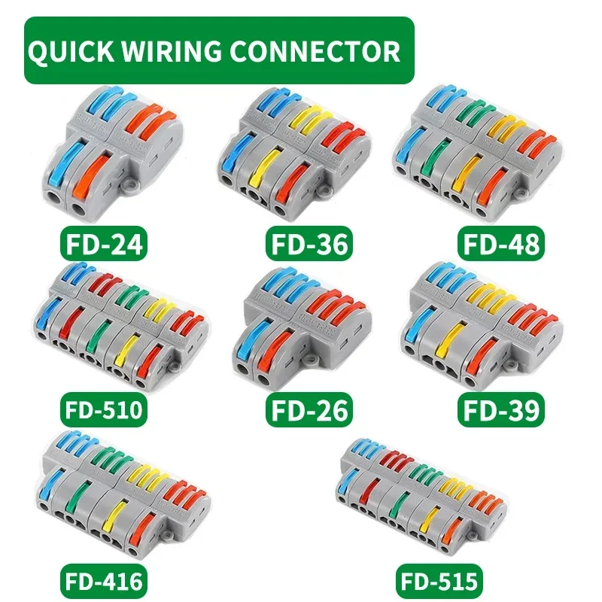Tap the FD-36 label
tap(309, 245)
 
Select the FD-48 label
tap(500, 245)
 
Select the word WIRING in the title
tap(178, 51)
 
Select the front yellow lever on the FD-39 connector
tap(451, 335)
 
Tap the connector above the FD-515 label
tap(421, 497)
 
